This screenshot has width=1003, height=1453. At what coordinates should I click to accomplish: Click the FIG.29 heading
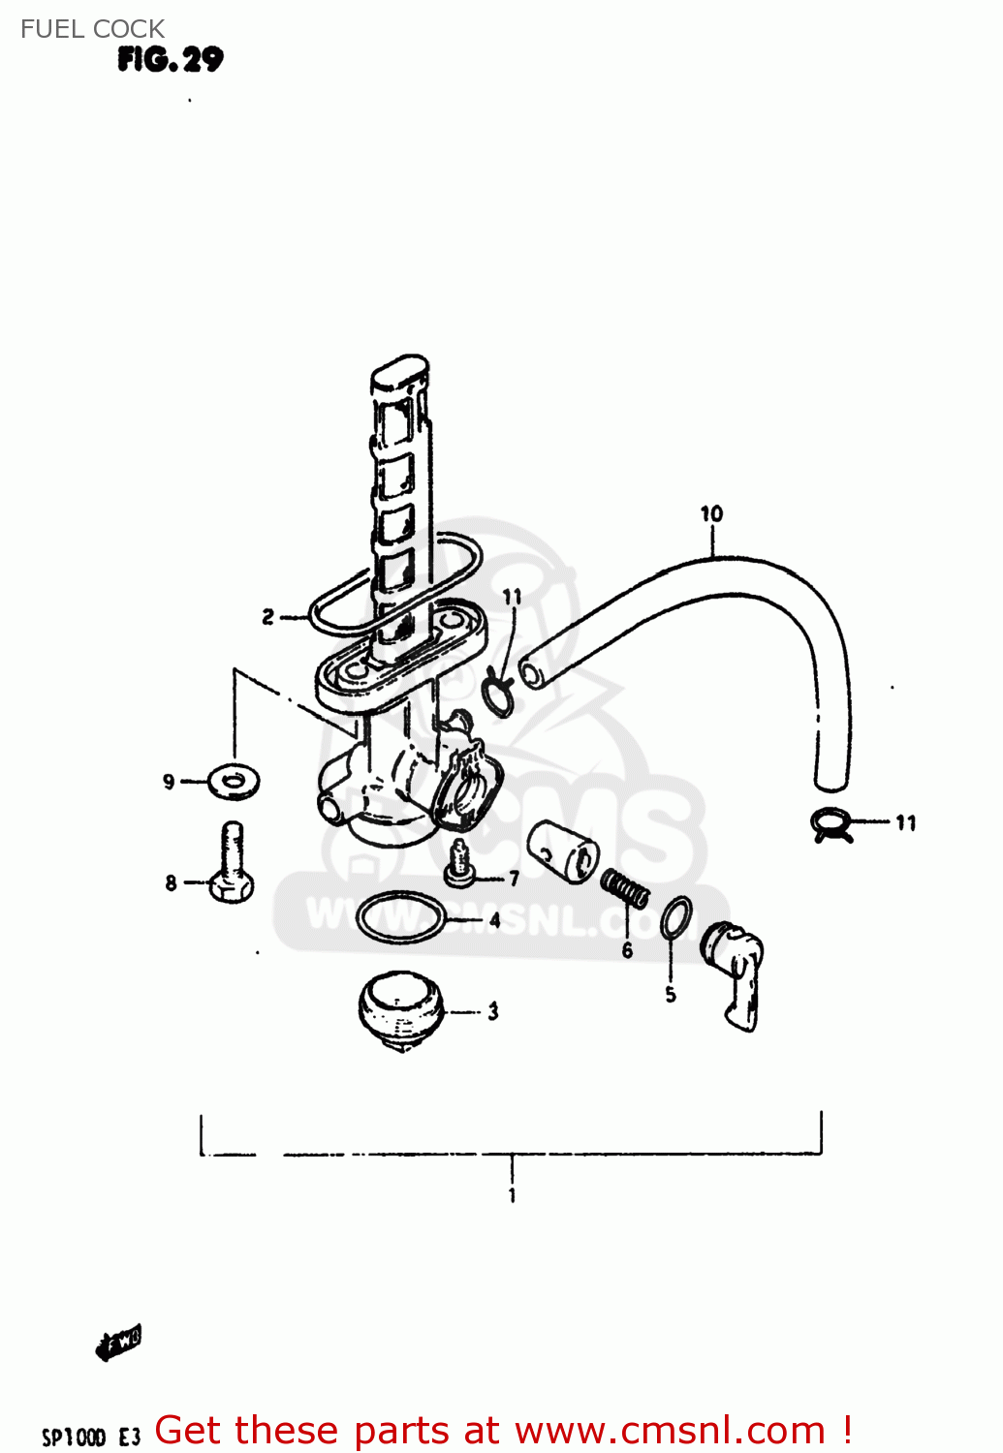click(171, 60)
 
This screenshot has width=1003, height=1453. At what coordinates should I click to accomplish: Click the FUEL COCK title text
click(92, 29)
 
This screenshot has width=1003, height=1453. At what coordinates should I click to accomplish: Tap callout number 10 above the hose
click(711, 513)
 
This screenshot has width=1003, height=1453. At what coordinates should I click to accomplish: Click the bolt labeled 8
click(232, 864)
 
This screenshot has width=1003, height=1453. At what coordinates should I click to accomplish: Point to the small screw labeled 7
click(459, 865)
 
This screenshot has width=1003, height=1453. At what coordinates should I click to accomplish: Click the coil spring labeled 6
click(625, 887)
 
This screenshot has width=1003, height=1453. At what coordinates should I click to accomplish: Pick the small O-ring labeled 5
click(676, 917)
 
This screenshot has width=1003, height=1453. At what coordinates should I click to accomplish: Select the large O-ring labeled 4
click(400, 917)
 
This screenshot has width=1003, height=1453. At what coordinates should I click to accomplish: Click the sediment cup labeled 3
click(401, 1010)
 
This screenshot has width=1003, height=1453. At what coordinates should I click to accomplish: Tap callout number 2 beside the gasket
click(268, 616)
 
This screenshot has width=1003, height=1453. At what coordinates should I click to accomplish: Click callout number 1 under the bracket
click(512, 1195)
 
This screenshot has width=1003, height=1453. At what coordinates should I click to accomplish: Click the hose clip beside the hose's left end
click(498, 694)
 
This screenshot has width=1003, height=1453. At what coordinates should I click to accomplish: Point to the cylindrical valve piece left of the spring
click(563, 850)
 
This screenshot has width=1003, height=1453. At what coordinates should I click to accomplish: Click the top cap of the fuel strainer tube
click(399, 373)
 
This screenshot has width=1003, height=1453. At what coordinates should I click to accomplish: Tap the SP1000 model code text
click(74, 1437)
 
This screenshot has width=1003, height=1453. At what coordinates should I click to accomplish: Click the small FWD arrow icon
click(119, 1342)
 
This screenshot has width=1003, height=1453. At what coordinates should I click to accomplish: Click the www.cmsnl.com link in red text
click(669, 1430)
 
